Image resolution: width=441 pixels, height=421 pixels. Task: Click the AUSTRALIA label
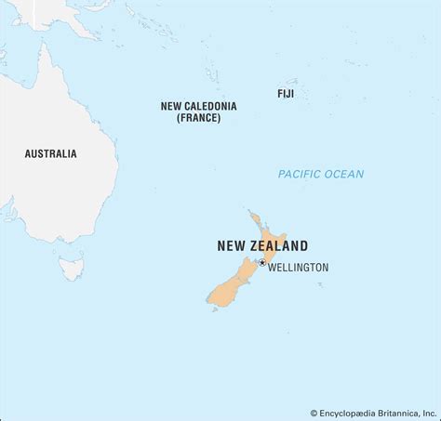pos(51,153)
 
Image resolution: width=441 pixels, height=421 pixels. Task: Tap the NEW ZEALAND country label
pos(262,246)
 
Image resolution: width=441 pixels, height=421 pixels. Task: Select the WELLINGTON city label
pos(299,268)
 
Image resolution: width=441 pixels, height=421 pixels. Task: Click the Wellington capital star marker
pos(262,263)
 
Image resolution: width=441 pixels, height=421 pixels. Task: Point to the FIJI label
pos(286,94)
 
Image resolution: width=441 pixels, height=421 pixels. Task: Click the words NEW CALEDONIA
pos(199,106)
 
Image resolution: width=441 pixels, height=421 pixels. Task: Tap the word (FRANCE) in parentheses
pos(199,119)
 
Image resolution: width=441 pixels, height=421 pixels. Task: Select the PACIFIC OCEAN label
pos(321,174)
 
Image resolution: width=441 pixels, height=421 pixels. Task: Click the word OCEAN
pos(345,174)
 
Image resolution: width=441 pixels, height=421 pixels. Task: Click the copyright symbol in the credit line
pos(314,413)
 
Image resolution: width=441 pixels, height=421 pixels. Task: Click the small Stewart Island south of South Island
pos(214,309)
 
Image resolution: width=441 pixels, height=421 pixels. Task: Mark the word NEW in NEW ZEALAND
pos(231,246)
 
